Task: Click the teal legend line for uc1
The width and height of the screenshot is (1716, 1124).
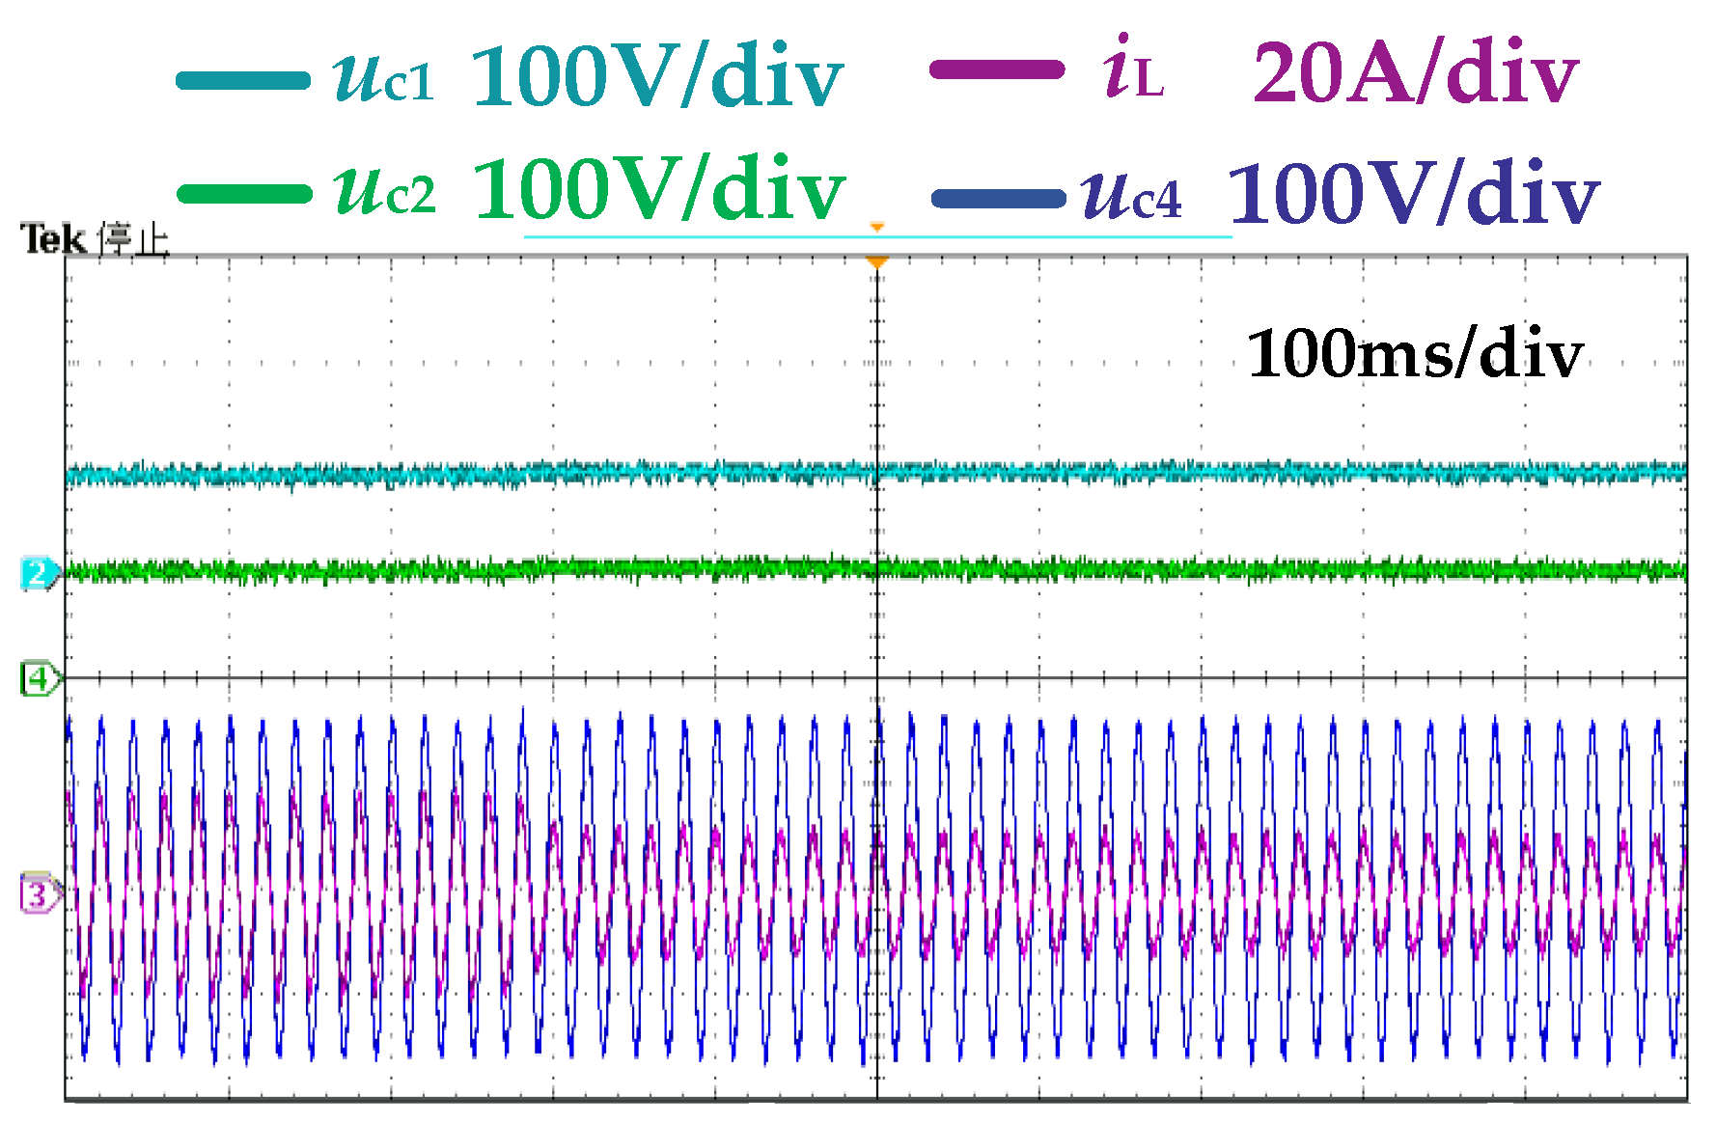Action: click(243, 80)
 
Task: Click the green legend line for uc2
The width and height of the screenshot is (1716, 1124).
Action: click(245, 194)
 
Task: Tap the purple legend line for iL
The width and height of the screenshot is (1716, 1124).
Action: click(996, 69)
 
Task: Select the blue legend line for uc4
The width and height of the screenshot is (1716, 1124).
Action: click(998, 199)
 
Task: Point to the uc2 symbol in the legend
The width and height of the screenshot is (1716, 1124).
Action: click(384, 190)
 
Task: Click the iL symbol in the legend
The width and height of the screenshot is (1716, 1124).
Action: click(1133, 69)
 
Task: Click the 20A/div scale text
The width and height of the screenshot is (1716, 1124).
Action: click(1415, 73)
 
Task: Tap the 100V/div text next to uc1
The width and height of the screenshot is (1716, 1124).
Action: click(656, 77)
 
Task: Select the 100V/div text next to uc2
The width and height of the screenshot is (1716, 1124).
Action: click(658, 189)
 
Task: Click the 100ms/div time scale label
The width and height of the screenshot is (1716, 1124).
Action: click(1415, 354)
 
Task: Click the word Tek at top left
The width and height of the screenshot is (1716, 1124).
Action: click(54, 239)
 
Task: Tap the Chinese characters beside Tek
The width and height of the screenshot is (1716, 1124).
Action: click(134, 240)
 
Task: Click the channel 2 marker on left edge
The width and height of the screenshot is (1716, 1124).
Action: click(39, 574)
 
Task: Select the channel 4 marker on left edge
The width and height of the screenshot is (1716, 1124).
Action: click(39, 679)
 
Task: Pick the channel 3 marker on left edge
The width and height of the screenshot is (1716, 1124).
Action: click(39, 893)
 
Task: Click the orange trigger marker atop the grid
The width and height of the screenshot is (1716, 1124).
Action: click(876, 262)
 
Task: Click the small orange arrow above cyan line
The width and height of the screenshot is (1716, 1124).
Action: click(876, 228)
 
